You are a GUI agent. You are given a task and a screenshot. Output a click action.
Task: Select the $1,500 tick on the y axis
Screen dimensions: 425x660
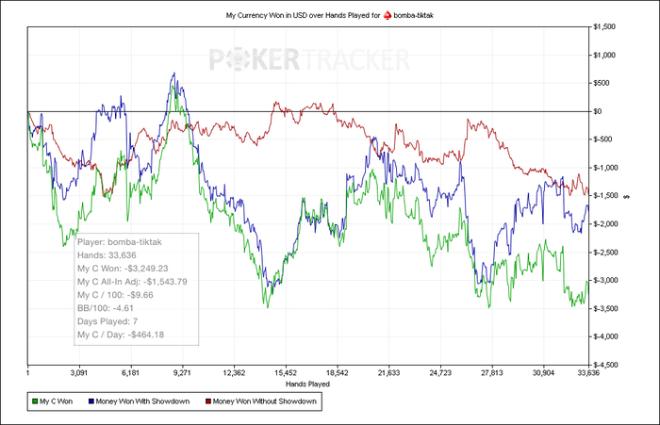(604, 26)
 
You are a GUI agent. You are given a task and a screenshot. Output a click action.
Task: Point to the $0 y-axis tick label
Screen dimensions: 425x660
(597, 111)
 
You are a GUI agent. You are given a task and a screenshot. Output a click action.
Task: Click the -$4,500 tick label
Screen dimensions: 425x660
(605, 365)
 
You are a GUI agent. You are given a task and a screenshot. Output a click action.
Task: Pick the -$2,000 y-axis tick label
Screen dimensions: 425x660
(605, 224)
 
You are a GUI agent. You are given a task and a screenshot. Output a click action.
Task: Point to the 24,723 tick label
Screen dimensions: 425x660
(437, 373)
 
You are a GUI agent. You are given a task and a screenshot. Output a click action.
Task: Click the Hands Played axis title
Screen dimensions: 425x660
(306, 384)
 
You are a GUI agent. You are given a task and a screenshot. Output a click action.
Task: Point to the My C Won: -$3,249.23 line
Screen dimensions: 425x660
(123, 268)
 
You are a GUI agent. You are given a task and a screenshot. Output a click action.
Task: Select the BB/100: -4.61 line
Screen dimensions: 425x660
(110, 307)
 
